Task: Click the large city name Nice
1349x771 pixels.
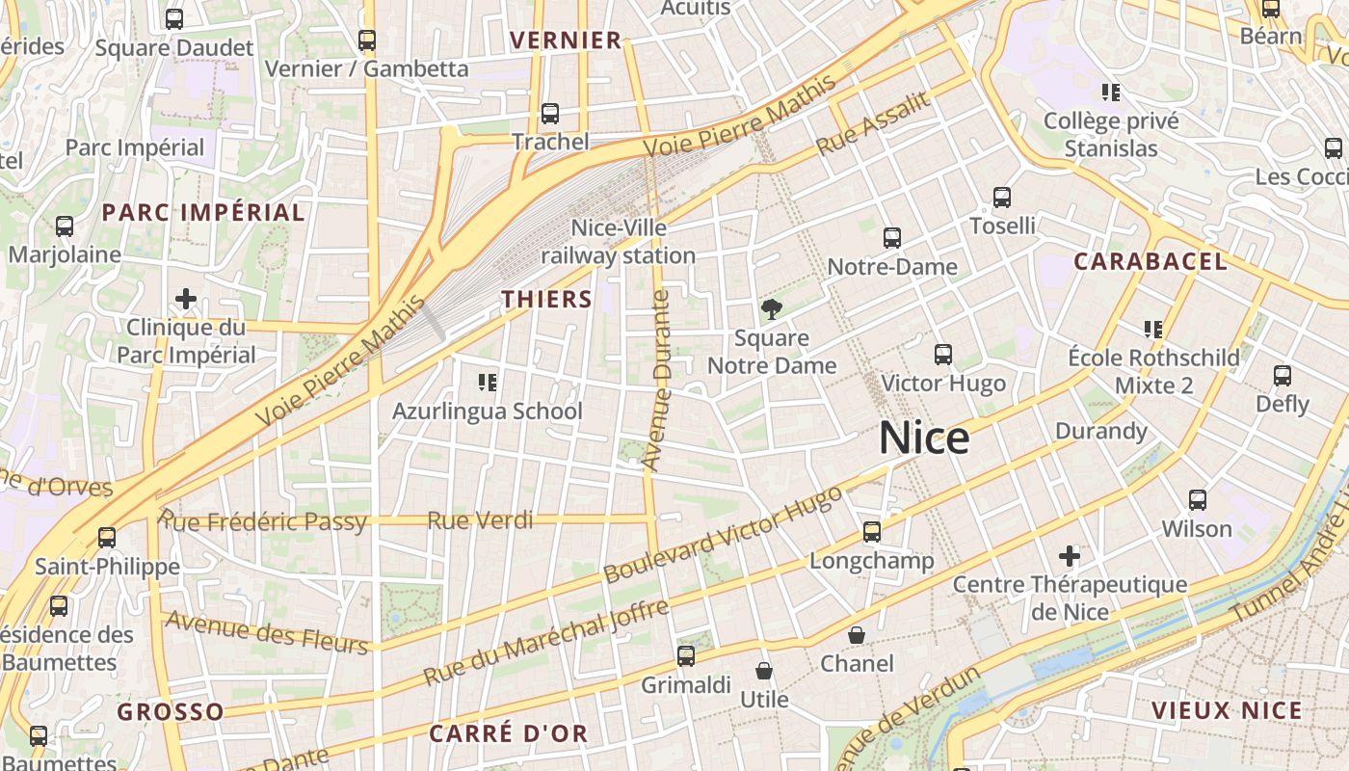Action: tap(924, 439)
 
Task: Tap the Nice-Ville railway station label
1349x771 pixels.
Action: tap(618, 242)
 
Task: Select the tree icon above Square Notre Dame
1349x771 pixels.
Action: tap(771, 309)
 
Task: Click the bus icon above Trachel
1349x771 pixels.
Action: tap(550, 114)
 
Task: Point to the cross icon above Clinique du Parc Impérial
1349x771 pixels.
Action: tap(186, 299)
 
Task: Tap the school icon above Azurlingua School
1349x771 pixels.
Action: tap(488, 383)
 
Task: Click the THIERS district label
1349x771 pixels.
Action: tap(546, 299)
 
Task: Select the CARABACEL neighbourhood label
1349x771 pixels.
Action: tap(1151, 261)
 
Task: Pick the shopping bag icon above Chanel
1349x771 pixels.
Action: tap(857, 635)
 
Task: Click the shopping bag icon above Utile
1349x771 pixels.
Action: tap(764, 671)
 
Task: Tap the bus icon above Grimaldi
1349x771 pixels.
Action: tap(686, 656)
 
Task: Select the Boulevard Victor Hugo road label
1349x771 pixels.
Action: tap(723, 534)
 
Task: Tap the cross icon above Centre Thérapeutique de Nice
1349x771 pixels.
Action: tap(1070, 556)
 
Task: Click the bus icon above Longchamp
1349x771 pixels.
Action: tap(872, 532)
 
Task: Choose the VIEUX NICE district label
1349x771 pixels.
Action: tap(1227, 711)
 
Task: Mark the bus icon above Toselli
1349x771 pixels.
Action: tap(1002, 198)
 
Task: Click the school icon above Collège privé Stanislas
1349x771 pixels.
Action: tap(1111, 93)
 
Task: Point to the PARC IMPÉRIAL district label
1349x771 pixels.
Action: tap(203, 212)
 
